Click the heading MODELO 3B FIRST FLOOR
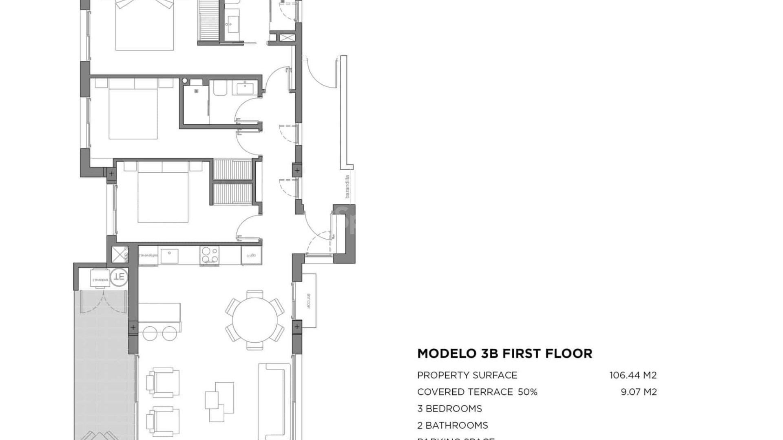click(504, 353)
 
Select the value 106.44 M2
click(633, 375)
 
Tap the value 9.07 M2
click(639, 392)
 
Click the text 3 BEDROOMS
click(449, 409)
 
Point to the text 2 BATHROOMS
click(453, 425)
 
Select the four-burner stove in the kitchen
click(209, 255)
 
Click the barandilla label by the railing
click(347, 186)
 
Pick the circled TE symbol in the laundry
click(119, 277)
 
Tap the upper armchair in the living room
click(163, 382)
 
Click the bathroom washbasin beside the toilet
click(245, 88)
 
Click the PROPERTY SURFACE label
click(467, 375)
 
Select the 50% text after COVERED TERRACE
click(527, 392)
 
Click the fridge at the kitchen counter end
click(251, 255)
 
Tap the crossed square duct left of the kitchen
click(120, 255)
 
